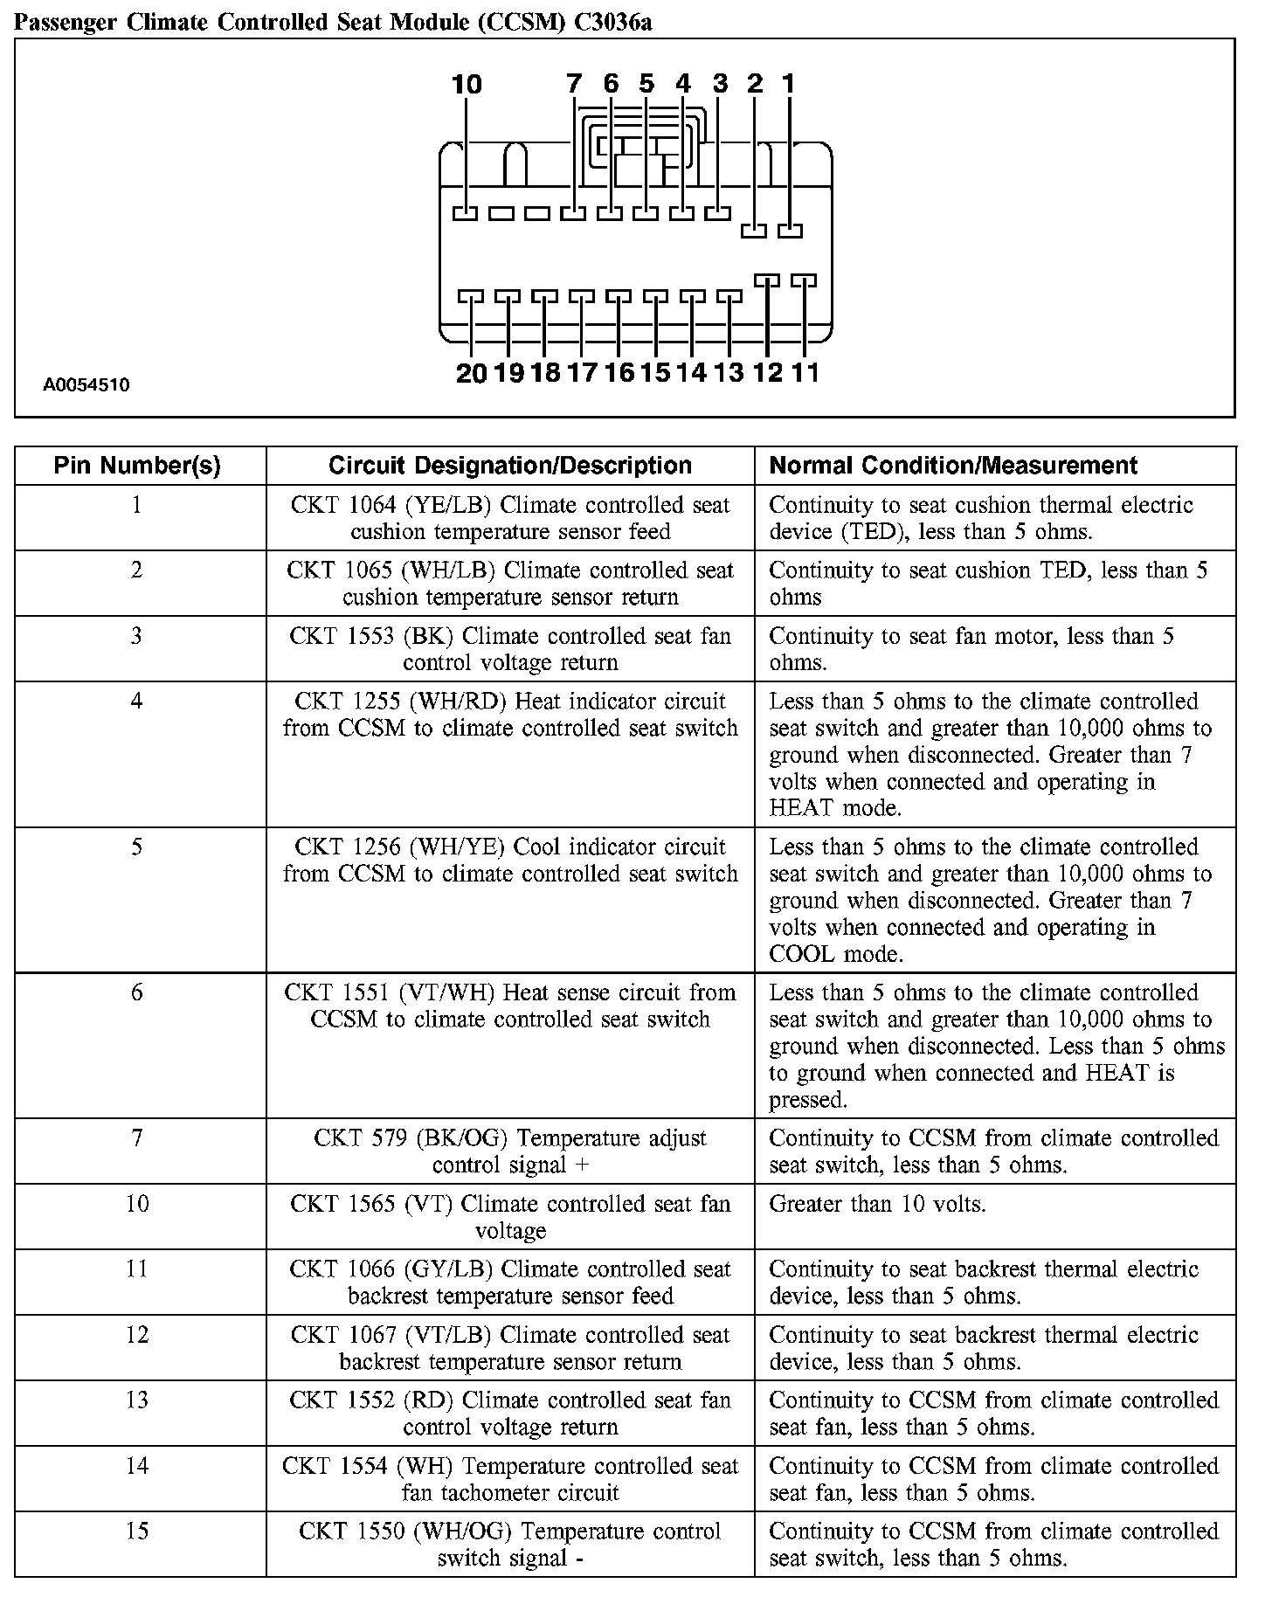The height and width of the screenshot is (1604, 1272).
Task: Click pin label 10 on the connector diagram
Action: tap(467, 85)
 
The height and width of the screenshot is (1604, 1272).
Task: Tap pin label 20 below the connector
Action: tap(471, 373)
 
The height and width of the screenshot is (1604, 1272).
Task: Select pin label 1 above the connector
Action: tap(788, 84)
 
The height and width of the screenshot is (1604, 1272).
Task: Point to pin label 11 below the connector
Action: tap(805, 373)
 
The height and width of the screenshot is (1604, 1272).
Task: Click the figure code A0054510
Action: tap(86, 384)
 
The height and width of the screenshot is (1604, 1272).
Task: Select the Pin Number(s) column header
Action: tap(137, 466)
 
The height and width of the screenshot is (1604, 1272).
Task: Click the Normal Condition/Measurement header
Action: tap(953, 466)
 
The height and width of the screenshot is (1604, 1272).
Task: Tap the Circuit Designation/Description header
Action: tap(510, 466)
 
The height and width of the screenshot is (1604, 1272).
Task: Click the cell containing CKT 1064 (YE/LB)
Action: tap(510, 518)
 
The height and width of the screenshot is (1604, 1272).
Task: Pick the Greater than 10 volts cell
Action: tap(877, 1205)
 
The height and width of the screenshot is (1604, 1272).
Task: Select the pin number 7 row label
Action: tap(137, 1138)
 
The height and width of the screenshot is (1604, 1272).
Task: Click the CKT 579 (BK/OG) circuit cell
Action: tap(510, 1151)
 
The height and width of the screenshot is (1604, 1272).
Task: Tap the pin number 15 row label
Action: tap(137, 1531)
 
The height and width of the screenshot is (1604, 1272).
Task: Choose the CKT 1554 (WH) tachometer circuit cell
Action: tap(510, 1479)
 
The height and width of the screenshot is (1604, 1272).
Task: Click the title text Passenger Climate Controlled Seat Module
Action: tap(332, 23)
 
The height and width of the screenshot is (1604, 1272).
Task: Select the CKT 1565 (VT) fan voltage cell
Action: tap(510, 1217)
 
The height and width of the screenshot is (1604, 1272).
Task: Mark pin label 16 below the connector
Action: tap(619, 373)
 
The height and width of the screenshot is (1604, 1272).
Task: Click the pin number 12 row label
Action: tap(137, 1335)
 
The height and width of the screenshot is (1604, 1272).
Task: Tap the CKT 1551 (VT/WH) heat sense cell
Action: tap(510, 1006)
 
